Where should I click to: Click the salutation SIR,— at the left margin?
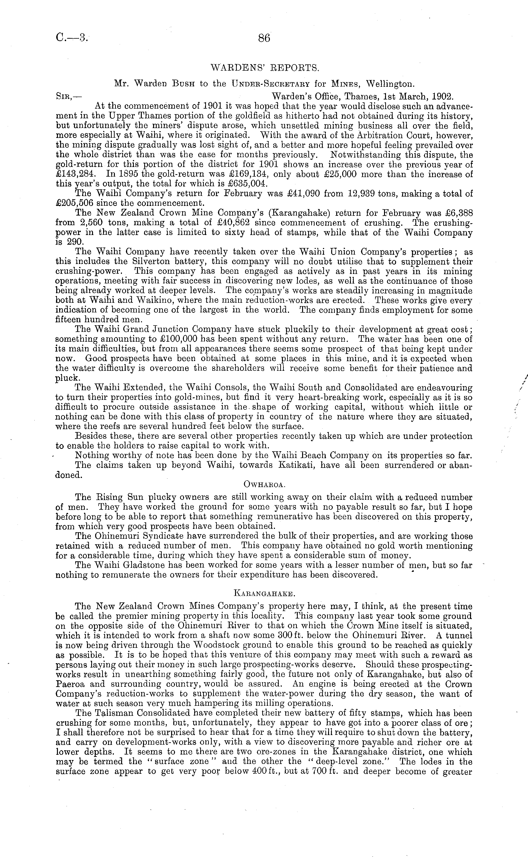[x=69, y=96]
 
